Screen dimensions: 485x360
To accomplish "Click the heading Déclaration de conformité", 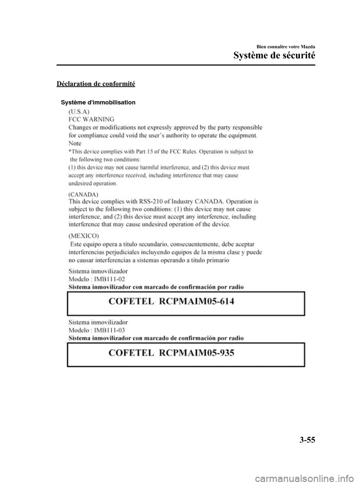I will click(96, 83).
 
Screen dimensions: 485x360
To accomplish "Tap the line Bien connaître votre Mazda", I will click(287, 47).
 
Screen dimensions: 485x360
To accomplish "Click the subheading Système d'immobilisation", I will click(99, 102).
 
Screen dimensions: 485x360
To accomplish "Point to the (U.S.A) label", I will click(79, 111).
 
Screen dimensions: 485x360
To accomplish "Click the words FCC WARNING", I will click(91, 119).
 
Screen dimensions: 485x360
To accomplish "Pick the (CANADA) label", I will click(84, 194).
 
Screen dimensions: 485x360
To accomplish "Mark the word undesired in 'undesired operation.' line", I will click(79, 184).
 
